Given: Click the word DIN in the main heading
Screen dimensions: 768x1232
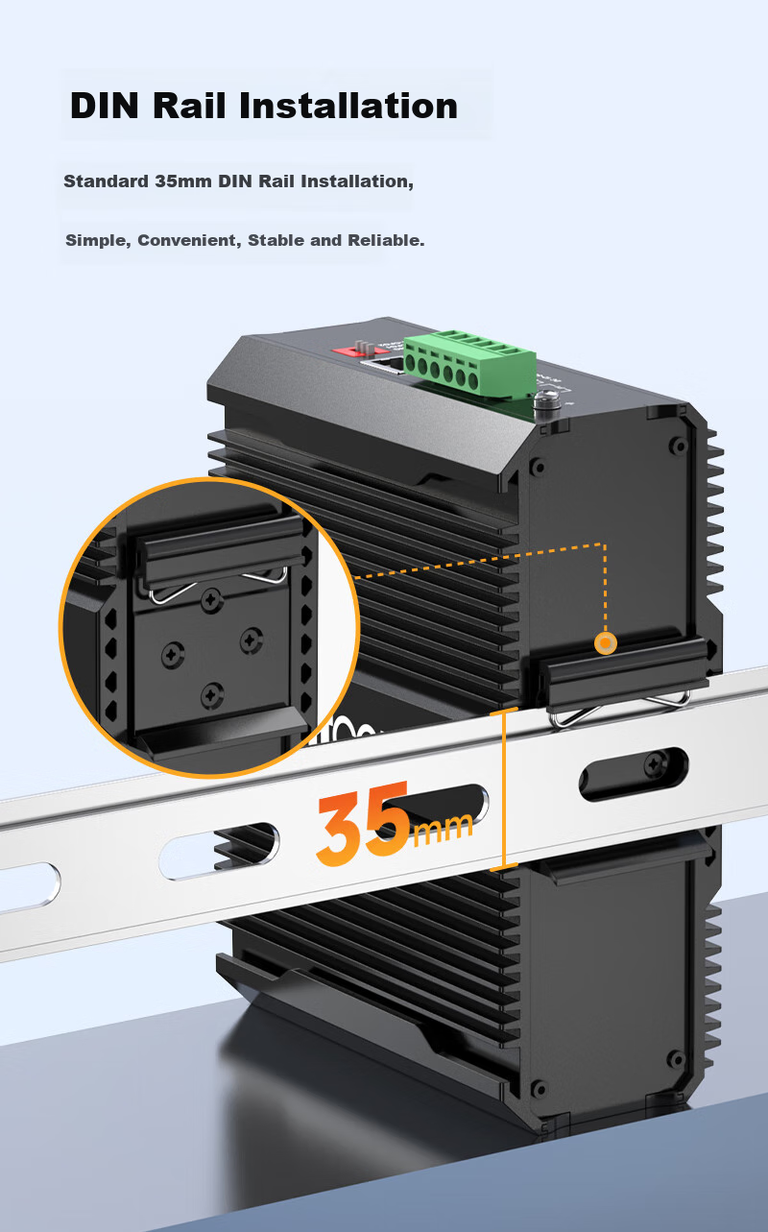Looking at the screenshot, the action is pyautogui.click(x=104, y=106).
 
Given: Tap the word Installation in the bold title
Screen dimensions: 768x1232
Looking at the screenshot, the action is pyautogui.click(x=348, y=105).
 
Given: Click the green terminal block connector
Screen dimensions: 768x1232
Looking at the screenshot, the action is pyautogui.click(x=469, y=364).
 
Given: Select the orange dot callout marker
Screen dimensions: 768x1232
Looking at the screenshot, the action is pyautogui.click(x=606, y=642).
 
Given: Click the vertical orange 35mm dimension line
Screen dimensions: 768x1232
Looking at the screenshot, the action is pyautogui.click(x=504, y=789).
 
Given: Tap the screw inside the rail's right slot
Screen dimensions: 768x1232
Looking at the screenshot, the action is pyautogui.click(x=654, y=764).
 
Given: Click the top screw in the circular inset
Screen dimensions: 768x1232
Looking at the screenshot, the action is pyautogui.click(x=211, y=600).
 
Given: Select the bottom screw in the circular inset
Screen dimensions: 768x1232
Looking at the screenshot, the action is pyautogui.click(x=212, y=696).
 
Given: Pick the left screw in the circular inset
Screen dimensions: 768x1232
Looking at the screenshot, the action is pyautogui.click(x=173, y=654).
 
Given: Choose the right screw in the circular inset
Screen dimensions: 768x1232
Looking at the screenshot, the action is pyautogui.click(x=252, y=640).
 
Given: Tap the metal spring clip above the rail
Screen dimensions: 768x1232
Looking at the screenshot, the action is pyautogui.click(x=620, y=710).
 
